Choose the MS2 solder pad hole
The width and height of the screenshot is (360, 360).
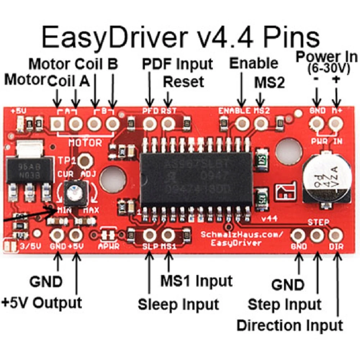point(260,124)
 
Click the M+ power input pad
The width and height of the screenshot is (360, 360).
point(336,124)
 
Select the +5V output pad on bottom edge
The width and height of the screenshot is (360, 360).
point(76,236)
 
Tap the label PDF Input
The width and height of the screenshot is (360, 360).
point(177,64)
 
